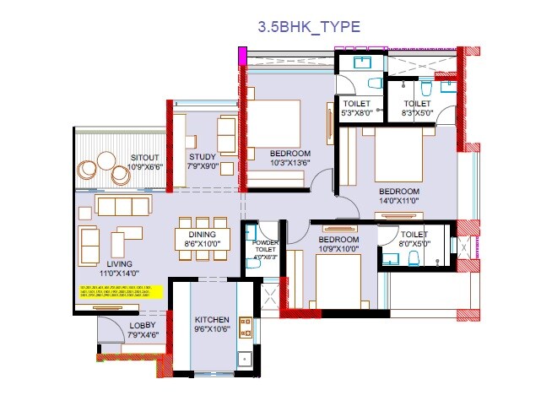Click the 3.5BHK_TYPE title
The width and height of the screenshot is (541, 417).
(x=309, y=27)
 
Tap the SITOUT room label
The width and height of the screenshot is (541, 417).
(x=146, y=157)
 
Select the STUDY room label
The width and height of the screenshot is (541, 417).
(x=203, y=157)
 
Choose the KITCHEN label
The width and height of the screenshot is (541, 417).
(x=211, y=321)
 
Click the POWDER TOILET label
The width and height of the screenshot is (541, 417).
(x=265, y=246)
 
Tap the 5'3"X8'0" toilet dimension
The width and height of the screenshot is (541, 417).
(x=357, y=111)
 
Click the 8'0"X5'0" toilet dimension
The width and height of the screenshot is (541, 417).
(x=414, y=244)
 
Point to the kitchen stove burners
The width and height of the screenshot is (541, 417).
(x=246, y=326)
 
